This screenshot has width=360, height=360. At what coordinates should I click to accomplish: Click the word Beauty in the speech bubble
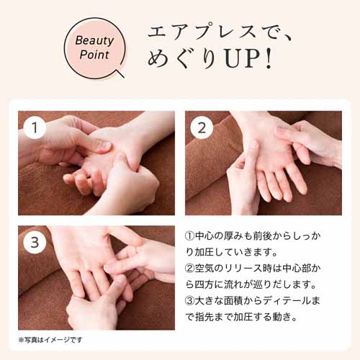94,41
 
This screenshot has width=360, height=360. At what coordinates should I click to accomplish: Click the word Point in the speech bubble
94,55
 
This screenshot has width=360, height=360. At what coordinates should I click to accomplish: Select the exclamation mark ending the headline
269,59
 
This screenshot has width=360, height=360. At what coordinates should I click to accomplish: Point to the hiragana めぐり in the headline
184,59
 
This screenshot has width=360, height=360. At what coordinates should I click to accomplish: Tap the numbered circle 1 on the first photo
35,127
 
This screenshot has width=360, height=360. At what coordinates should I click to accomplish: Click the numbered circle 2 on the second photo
202,127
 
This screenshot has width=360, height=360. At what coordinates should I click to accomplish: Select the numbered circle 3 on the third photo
35,242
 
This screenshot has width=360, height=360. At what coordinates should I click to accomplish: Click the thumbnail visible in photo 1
104,145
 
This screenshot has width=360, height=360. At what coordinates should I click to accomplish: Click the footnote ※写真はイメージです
50,340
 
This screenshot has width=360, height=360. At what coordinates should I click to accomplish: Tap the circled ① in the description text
190,236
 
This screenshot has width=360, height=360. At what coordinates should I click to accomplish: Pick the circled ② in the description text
190,269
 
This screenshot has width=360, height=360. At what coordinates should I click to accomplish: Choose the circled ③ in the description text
190,301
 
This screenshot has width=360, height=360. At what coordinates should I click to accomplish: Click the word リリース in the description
243,269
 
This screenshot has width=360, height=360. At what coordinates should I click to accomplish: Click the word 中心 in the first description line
204,236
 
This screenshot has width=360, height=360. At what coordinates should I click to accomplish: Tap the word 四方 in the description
204,284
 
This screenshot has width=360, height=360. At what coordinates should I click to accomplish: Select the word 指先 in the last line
205,317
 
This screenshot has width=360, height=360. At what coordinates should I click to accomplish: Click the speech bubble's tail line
120,73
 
